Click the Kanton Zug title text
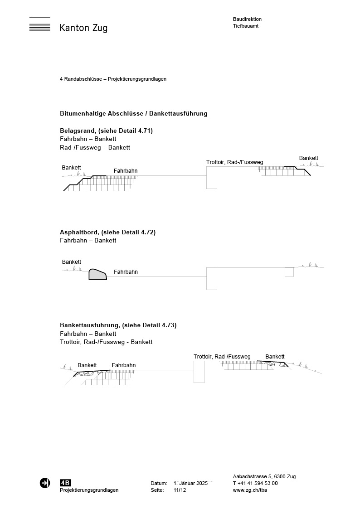click(x=83, y=28)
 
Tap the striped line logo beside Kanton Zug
click(x=39, y=25)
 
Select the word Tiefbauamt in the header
click(x=246, y=26)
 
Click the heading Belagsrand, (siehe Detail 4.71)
click(x=106, y=131)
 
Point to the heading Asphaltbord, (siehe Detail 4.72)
click(x=107, y=232)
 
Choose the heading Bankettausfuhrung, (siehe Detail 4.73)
click(x=118, y=325)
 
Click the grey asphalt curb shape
click(x=97, y=274)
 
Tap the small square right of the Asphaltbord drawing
click(x=289, y=272)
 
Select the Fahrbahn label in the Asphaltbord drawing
click(x=126, y=272)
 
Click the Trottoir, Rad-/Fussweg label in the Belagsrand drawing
click(x=234, y=162)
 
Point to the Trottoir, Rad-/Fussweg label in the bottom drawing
click(x=222, y=357)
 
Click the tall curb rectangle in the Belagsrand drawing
click(x=211, y=177)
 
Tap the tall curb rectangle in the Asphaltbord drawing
click(x=211, y=278)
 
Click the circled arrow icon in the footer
click(x=45, y=483)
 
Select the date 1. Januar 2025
click(x=190, y=483)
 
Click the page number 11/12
click(x=180, y=490)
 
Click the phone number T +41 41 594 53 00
click(x=255, y=483)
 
